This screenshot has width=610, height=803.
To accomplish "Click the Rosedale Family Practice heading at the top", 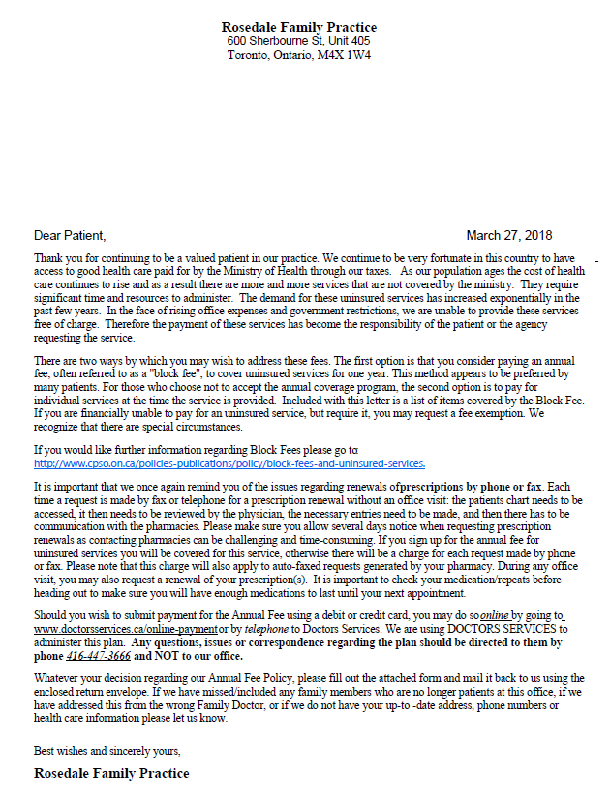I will click(x=299, y=27).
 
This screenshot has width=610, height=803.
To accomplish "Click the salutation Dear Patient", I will click(x=69, y=235).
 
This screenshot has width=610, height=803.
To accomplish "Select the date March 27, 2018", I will click(x=509, y=235).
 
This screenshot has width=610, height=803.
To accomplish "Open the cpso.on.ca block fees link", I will click(x=229, y=463).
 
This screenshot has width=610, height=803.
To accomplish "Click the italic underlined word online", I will click(x=495, y=616).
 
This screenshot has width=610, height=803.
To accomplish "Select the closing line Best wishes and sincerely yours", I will click(x=107, y=750).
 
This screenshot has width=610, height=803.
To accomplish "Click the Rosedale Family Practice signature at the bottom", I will click(x=111, y=773).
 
